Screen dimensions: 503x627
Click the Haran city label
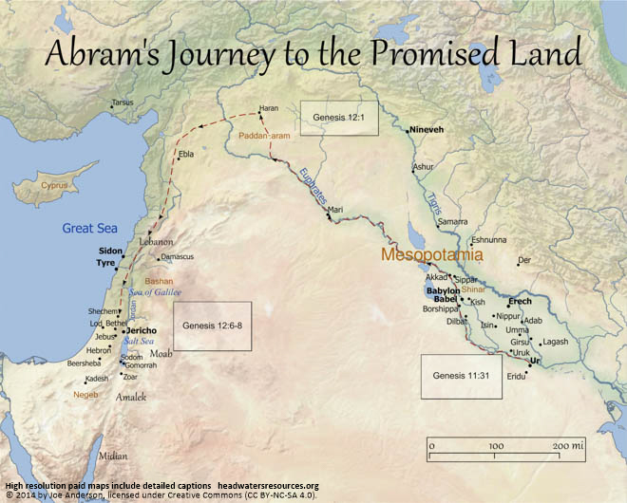click(270, 109)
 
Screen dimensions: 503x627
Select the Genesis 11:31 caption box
click(462, 376)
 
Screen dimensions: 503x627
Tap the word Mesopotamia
click(432, 255)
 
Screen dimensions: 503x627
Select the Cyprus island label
click(54, 185)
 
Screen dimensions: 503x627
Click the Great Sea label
click(89, 228)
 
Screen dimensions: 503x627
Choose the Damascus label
click(178, 257)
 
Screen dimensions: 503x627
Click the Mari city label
click(335, 210)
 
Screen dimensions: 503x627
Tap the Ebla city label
click(186, 154)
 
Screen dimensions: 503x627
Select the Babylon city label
click(443, 290)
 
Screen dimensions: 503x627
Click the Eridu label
click(517, 377)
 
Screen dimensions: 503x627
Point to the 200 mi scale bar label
click(568, 445)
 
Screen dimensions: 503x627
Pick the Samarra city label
click(452, 222)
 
